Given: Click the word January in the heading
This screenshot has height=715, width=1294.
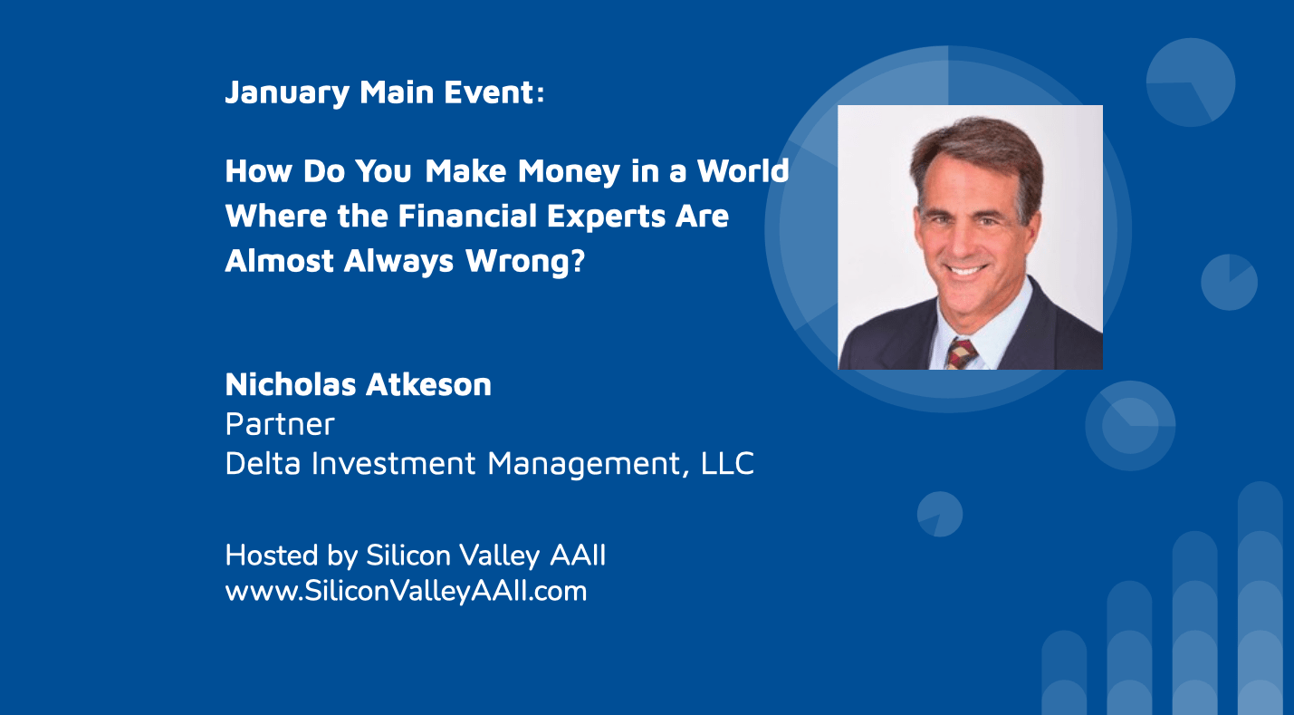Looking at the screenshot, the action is click(x=287, y=93).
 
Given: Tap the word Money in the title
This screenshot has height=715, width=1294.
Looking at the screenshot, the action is click(x=569, y=171).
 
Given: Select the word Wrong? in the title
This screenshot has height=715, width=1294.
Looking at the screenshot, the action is click(x=525, y=261).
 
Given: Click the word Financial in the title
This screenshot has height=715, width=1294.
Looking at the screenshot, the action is click(x=468, y=217).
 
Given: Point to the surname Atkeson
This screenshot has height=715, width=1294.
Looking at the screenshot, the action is click(x=428, y=384).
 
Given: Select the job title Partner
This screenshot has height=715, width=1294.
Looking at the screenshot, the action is click(x=280, y=424).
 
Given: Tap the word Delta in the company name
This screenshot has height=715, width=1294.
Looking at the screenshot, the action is click(x=263, y=464).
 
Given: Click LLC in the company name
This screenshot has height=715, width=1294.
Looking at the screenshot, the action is click(x=727, y=464).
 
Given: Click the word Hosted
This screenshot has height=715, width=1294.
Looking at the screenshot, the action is click(x=272, y=556).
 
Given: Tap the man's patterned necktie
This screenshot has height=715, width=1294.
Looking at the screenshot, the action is click(x=961, y=353).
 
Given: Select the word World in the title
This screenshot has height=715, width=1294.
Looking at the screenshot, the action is click(x=743, y=170).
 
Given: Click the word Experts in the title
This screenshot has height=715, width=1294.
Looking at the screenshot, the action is click(x=606, y=217).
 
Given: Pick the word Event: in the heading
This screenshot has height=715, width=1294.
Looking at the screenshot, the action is click(x=494, y=92).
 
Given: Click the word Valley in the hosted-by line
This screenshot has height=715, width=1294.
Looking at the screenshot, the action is click(x=500, y=556).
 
